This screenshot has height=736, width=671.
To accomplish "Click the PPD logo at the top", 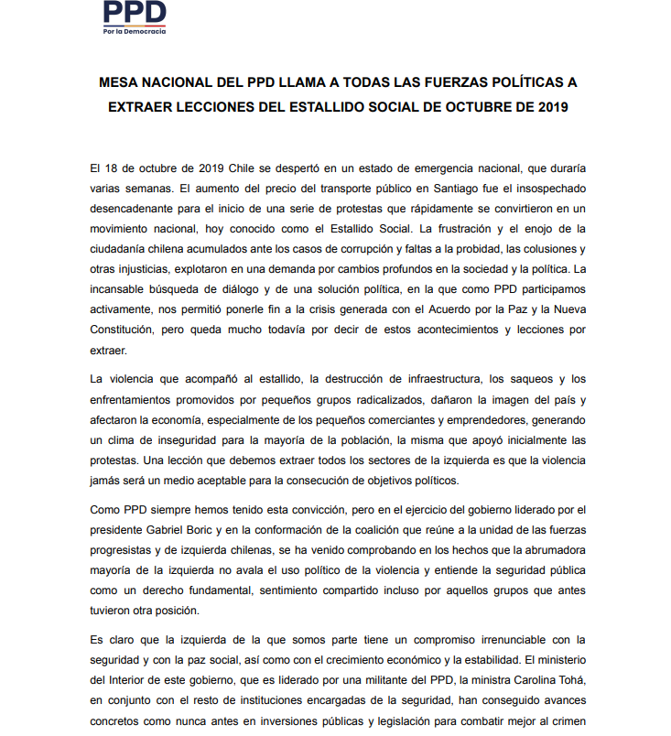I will tap(135, 12).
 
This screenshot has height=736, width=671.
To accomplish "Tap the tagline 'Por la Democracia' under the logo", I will tap(135, 31).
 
